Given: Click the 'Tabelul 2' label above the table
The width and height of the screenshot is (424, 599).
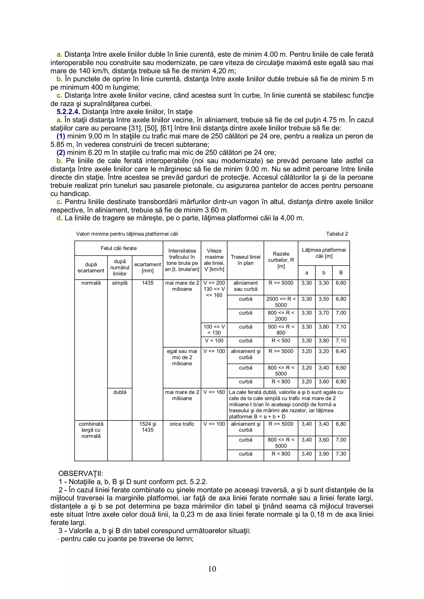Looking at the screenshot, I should pyautogui.click(x=337, y=234).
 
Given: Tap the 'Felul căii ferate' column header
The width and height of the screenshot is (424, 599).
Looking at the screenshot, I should pyautogui.click(x=119, y=248).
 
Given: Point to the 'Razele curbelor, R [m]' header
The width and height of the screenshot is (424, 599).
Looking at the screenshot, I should pyautogui.click(x=281, y=260).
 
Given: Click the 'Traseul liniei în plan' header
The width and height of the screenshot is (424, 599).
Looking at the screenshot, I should pyautogui.click(x=245, y=260).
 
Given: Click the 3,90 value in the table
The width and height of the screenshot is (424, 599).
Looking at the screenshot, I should pyautogui.click(x=323, y=454).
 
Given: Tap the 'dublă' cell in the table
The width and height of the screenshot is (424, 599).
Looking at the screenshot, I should pyautogui.click(x=120, y=392).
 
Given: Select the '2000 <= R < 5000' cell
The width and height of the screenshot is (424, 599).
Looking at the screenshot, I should pyautogui.click(x=281, y=302).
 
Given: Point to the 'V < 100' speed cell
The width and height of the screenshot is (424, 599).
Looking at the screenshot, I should pyautogui.click(x=214, y=341).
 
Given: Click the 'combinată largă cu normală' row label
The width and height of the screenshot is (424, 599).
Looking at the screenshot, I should pyautogui.click(x=91, y=430).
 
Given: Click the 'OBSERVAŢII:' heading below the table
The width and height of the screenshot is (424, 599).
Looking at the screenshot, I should pyautogui.click(x=81, y=473).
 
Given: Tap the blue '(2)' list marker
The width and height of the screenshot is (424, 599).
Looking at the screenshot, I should pyautogui.click(x=61, y=153).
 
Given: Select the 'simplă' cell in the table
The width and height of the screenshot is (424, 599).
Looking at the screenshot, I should pyautogui.click(x=120, y=283).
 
